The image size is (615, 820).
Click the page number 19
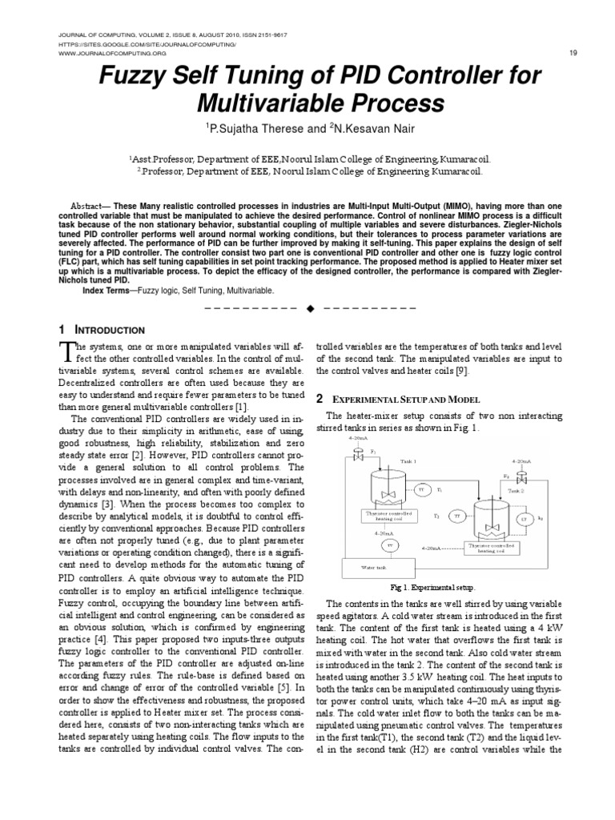point(573,53)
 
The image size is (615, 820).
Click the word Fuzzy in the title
point(135,76)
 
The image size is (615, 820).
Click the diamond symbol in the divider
point(308,307)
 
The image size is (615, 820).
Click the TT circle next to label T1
point(421,488)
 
